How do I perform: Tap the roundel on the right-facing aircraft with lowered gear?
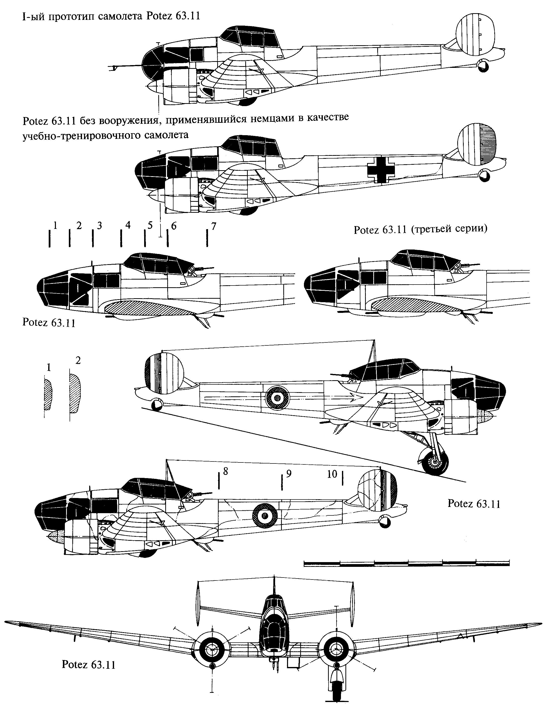pyautogui.click(x=276, y=399)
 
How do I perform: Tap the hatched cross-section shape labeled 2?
pyautogui.click(x=75, y=393)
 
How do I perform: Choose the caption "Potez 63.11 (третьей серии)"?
pyautogui.click(x=420, y=230)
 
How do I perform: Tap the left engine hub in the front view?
pyautogui.click(x=211, y=649)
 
